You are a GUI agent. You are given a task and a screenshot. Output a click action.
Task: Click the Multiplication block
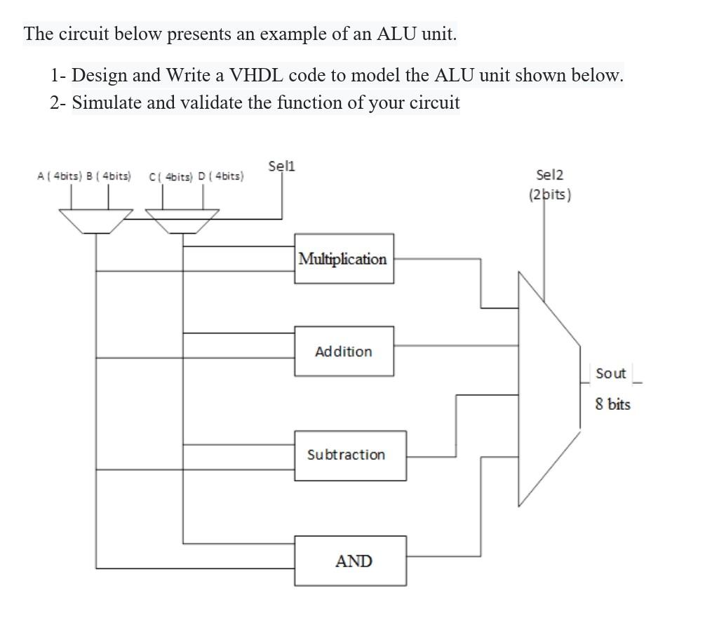click(344, 259)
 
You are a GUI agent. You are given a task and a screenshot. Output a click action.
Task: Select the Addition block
click(344, 351)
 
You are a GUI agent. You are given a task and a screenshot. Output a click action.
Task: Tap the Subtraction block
click(349, 455)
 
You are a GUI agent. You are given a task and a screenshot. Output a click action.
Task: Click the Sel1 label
click(282, 166)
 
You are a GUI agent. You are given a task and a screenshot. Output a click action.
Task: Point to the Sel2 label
click(549, 175)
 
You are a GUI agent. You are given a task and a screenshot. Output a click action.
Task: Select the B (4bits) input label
click(107, 176)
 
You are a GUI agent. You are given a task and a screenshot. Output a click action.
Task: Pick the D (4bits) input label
click(221, 176)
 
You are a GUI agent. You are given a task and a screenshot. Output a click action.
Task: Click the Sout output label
click(610, 373)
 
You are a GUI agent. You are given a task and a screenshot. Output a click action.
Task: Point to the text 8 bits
click(613, 404)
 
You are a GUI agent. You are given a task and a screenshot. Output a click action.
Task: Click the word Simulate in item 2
click(107, 102)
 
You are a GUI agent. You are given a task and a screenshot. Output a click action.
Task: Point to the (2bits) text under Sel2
click(549, 194)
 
